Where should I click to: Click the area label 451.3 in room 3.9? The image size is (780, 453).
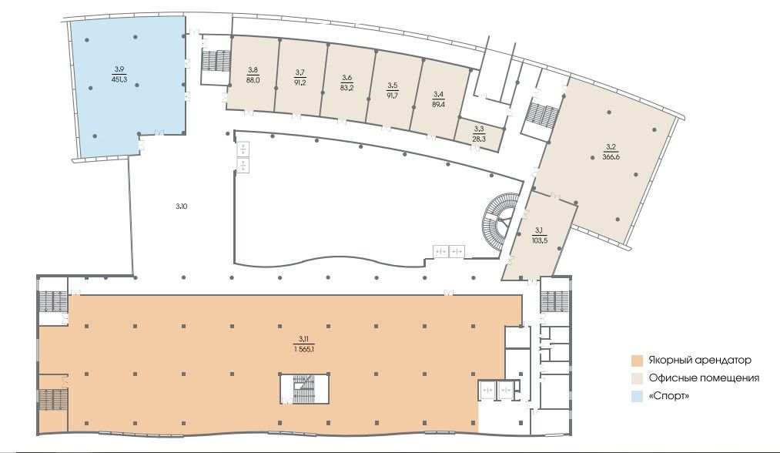click(x=120, y=79)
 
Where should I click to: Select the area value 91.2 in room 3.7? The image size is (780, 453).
click(x=300, y=82)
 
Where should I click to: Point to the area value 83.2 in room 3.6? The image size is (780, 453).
click(x=346, y=86)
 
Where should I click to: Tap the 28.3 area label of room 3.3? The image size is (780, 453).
click(x=479, y=139)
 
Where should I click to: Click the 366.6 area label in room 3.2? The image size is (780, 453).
click(x=611, y=157)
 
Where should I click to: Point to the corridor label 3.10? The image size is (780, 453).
click(x=182, y=206)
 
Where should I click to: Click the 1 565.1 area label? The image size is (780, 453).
click(x=304, y=349)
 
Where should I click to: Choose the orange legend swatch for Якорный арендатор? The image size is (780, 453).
click(x=638, y=360)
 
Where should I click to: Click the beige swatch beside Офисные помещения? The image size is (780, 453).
click(x=638, y=377)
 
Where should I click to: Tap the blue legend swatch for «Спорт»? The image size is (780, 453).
click(x=638, y=396)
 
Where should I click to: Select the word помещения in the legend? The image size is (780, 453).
click(x=730, y=378)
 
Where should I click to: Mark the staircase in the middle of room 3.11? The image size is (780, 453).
click(x=303, y=389)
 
